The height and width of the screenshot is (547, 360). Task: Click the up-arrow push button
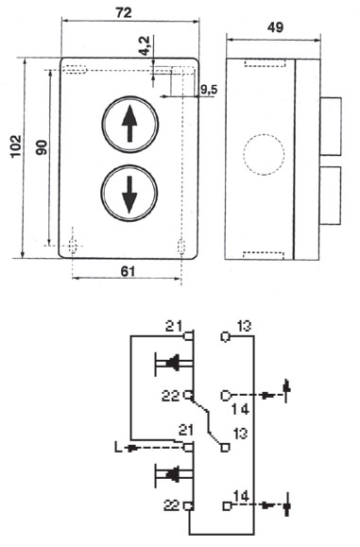pos(130,124)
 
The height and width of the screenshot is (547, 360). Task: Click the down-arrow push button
pos(129,193)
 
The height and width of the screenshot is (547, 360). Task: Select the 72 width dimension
pos(124,12)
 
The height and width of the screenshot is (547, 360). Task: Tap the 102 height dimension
pos(16,145)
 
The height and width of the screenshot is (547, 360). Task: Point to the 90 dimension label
pos(42,147)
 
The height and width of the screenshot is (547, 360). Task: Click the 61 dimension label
pos(128,271)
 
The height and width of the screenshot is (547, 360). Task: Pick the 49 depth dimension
pos(275,27)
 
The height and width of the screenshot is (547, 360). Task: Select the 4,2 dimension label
pos(144,45)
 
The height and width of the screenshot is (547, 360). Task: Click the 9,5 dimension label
pos(208,90)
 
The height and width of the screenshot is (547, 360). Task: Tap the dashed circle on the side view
pos(264,154)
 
